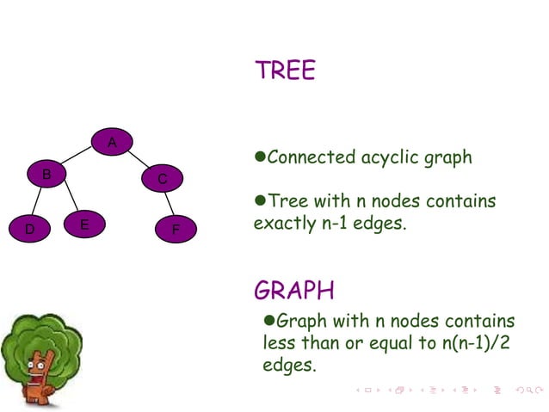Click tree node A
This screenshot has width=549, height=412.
[x=112, y=141]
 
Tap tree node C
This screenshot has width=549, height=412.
[x=162, y=179]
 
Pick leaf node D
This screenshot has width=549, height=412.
[x=29, y=230]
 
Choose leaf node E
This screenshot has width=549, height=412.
[x=84, y=224]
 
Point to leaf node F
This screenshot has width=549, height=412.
[x=175, y=230]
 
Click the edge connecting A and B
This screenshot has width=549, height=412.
[x=79, y=157]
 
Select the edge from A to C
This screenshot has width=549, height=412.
[x=138, y=159]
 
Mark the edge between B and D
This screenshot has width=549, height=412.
[x=38, y=203]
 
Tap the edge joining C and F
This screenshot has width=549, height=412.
[x=169, y=205]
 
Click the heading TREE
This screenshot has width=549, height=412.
[x=285, y=71]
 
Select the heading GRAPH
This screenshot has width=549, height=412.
[x=294, y=289]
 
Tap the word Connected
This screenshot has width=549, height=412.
[x=312, y=157]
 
